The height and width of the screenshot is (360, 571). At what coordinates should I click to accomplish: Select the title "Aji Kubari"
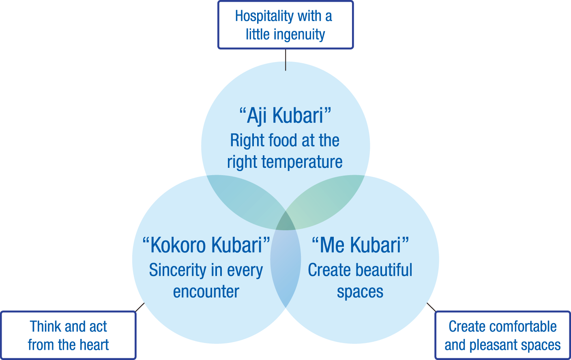click(285, 116)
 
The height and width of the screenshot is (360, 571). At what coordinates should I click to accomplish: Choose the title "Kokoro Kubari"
click(206, 245)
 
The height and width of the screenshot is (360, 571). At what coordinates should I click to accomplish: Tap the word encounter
click(206, 292)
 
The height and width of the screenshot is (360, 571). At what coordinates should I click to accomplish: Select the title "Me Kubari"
click(360, 245)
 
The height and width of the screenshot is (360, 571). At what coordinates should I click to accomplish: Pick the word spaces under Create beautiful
click(360, 292)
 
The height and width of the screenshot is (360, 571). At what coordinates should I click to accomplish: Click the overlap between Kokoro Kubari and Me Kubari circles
click(285, 268)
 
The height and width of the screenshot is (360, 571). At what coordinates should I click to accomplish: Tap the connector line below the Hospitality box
click(285, 60)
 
